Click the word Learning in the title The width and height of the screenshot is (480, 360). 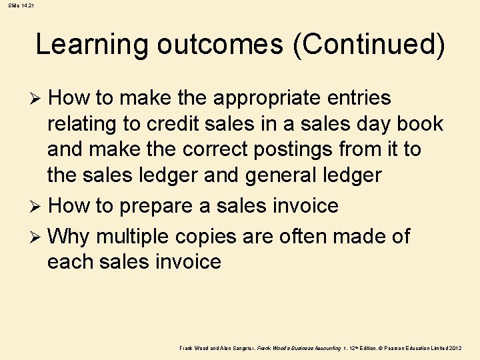[93, 45]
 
